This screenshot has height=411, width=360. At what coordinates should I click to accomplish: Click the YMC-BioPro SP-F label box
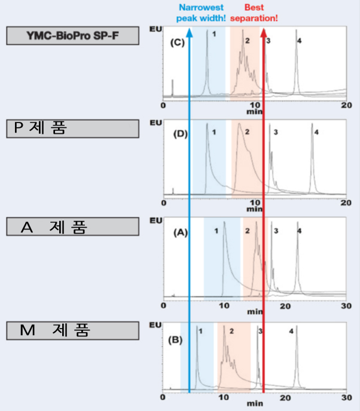coord(73,36)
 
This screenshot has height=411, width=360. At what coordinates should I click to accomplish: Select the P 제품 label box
coord(73,128)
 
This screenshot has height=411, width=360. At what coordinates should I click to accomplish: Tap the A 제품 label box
coord(73,226)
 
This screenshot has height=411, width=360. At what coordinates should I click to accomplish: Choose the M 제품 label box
coord(73,331)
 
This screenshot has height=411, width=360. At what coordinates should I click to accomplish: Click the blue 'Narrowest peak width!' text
coord(201,13)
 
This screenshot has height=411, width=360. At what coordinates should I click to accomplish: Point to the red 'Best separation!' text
coord(254,13)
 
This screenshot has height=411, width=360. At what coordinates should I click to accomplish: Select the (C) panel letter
coord(178,42)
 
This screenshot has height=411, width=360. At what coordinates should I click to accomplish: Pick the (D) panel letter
coord(181,134)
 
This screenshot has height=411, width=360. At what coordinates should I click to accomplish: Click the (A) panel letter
coord(181,232)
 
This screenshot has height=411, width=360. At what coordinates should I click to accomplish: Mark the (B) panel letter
coord(175,340)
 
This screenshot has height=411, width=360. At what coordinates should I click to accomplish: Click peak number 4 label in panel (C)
coord(299,41)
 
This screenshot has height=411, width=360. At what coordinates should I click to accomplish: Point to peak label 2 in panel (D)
coord(247,132)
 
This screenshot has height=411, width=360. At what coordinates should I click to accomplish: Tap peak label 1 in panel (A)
coord(216,231)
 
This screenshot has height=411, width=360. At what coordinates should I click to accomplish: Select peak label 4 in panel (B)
coord(291,332)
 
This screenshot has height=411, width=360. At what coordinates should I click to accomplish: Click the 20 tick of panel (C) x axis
coord(346,105)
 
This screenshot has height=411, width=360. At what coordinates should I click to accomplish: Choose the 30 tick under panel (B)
coord(346,398)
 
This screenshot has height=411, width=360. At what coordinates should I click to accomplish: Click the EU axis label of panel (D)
coord(155,122)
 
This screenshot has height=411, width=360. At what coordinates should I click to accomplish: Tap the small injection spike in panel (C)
coord(173,88)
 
